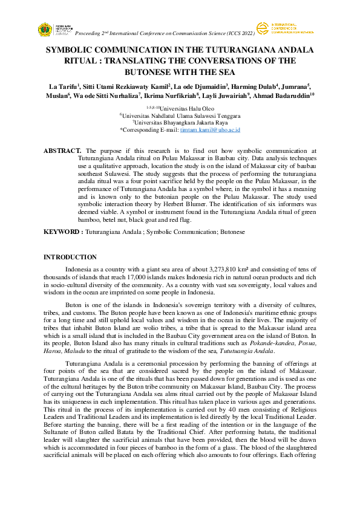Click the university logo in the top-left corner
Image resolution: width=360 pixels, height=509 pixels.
(x=45, y=29)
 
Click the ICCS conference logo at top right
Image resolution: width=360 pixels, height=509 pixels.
(x=261, y=28)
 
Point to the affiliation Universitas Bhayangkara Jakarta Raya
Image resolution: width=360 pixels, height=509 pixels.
(x=182, y=123)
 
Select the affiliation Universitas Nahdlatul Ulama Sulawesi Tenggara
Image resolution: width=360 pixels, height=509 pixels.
(x=182, y=115)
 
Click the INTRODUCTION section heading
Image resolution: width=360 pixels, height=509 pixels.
(x=70, y=257)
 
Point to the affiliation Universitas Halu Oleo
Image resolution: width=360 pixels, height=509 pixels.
(x=185, y=108)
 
